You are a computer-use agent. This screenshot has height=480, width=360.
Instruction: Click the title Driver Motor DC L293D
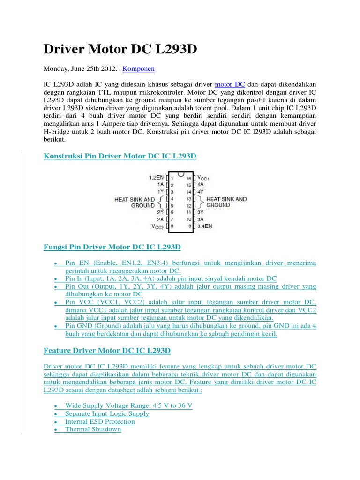pyautogui.click(x=120, y=49)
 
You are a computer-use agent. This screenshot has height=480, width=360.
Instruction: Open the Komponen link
pyautogui.click(x=139, y=69)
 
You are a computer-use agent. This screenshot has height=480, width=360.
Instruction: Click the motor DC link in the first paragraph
pyautogui.click(x=230, y=85)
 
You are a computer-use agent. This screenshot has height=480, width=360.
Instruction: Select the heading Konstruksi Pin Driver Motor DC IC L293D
pyautogui.click(x=120, y=156)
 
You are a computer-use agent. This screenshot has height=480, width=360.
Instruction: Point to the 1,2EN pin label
pyautogui.click(x=156, y=178)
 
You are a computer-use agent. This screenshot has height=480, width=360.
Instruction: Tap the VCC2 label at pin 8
pyautogui.click(x=157, y=226)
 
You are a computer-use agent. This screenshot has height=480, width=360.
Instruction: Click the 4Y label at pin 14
pyautogui.click(x=201, y=192)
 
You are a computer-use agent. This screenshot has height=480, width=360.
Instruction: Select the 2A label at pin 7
pyautogui.click(x=160, y=219)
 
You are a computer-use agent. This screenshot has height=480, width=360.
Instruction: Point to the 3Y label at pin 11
pyautogui.click(x=201, y=212)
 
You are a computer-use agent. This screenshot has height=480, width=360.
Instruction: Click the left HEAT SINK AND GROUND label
pyautogui.click(x=135, y=202)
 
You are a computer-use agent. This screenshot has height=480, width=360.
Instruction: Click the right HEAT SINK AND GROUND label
pyautogui.click(x=226, y=202)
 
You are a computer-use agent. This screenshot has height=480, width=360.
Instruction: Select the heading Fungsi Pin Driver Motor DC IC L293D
pyautogui.click(x=112, y=247)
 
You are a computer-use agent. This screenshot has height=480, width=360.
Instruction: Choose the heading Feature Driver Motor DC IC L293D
pyautogui.click(x=107, y=350)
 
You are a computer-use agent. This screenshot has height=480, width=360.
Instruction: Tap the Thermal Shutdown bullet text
pyautogui.click(x=93, y=429)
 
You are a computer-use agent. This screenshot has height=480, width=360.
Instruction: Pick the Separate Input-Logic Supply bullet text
pyautogui.click(x=107, y=413)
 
